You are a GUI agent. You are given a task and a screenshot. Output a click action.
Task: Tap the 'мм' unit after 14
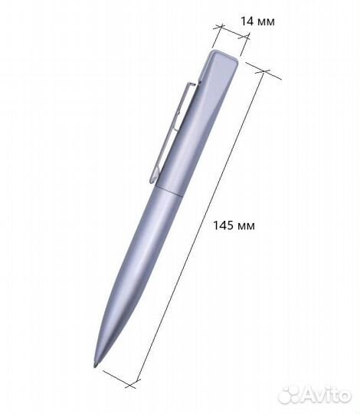pyautogui.click(x=265, y=21)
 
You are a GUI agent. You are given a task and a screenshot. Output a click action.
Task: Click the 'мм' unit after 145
pyautogui.click(x=244, y=225)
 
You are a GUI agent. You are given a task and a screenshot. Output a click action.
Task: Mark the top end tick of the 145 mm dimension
pyautogui.click(x=263, y=72)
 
